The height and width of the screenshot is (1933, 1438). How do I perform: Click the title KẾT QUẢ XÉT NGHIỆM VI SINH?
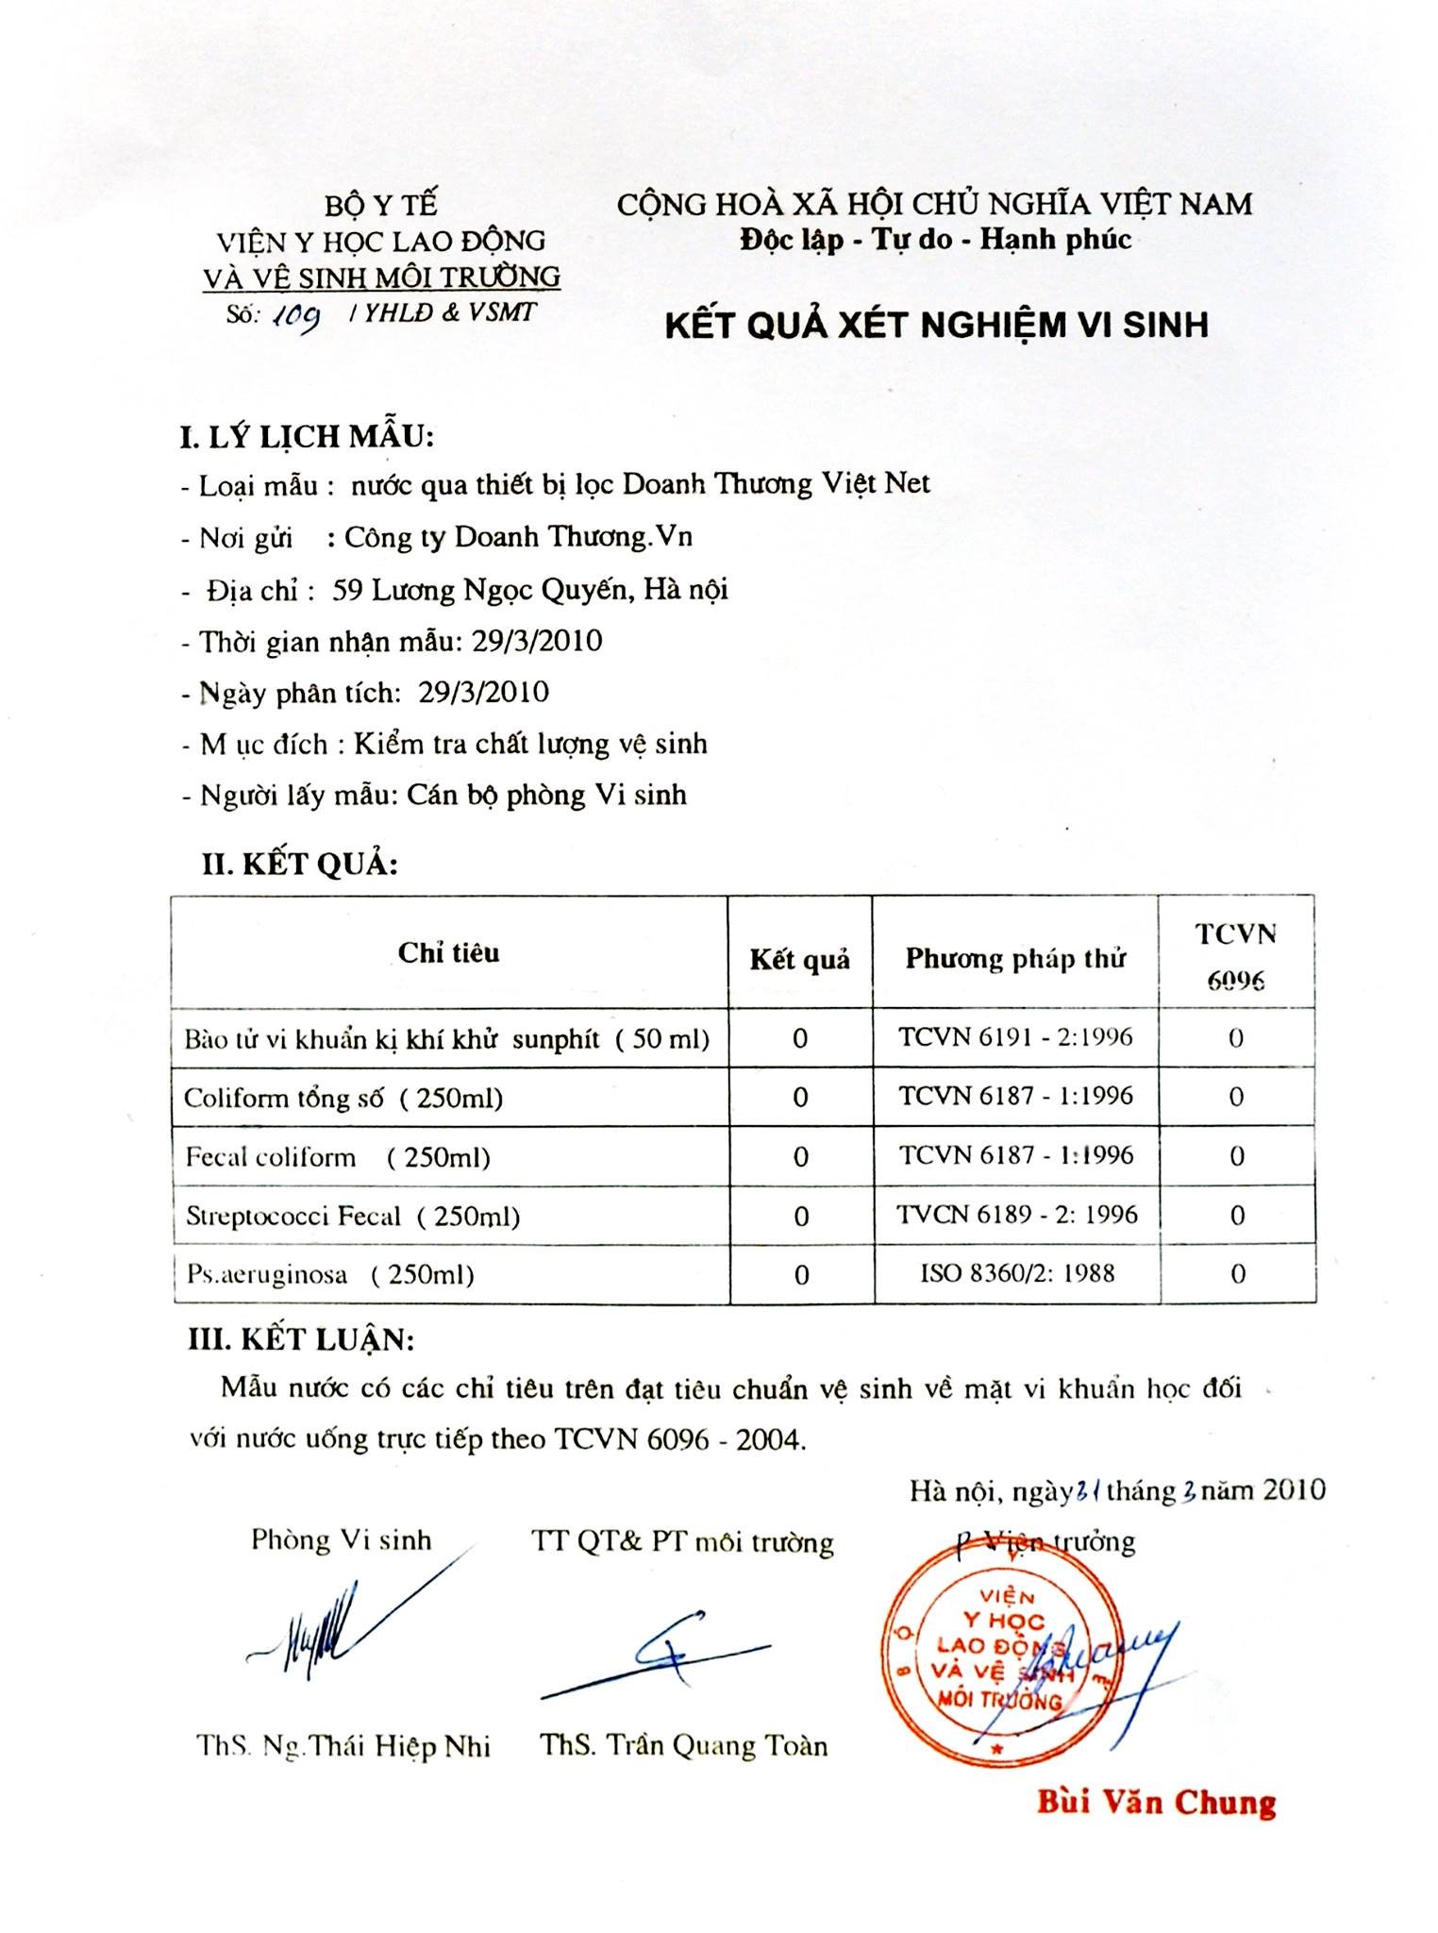coord(936,325)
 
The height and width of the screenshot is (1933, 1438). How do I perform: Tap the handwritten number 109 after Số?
coord(295,319)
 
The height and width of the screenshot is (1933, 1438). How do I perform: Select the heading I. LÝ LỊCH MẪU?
coord(307,436)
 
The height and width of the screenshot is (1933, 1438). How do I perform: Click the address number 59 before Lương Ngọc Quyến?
coord(346,590)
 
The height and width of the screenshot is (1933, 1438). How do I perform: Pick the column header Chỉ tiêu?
coord(448,952)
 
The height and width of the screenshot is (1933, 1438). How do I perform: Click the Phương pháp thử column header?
coord(1015,959)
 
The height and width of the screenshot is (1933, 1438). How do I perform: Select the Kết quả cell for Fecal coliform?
coord(800,1156)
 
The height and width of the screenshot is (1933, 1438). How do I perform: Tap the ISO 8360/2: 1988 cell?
coord(1017,1273)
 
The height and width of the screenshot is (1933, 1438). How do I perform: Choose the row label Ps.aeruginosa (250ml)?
coord(329,1274)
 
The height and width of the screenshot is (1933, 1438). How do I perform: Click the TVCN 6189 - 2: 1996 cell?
coord(1017,1214)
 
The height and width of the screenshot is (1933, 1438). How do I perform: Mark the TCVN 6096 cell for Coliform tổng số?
coord(1236,1097)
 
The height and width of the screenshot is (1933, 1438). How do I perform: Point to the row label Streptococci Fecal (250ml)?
coord(352,1216)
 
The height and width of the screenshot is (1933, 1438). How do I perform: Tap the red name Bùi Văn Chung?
coord(1156,1802)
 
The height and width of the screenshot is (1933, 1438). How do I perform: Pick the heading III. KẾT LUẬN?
coord(300,1339)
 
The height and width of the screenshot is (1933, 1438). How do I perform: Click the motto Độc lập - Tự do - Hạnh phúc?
coord(935,239)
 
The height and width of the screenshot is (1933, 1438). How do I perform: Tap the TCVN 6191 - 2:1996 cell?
coord(1015,1036)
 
